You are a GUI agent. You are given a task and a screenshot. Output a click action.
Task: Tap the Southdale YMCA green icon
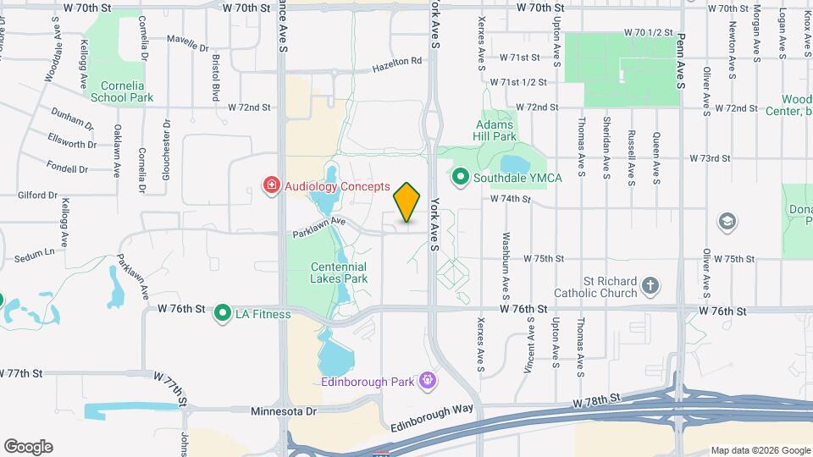click(462, 178)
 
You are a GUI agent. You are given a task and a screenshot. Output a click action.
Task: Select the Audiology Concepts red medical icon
click(272, 185)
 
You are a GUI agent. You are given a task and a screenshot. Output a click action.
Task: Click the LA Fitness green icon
click(224, 314)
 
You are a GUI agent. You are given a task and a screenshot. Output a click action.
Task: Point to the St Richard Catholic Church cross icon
click(650, 285)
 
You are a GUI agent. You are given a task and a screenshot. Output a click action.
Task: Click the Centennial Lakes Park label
click(338, 272)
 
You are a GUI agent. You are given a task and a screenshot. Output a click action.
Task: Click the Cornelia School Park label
click(127, 91)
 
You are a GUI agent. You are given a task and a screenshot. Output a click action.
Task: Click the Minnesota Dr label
click(284, 411)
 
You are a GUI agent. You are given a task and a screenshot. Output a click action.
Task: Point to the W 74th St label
click(509, 200)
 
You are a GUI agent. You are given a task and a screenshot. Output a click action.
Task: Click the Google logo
click(28, 446)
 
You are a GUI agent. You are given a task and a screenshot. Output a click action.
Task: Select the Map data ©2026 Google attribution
click(760, 450)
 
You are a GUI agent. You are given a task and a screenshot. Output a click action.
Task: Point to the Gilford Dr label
click(36, 195)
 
